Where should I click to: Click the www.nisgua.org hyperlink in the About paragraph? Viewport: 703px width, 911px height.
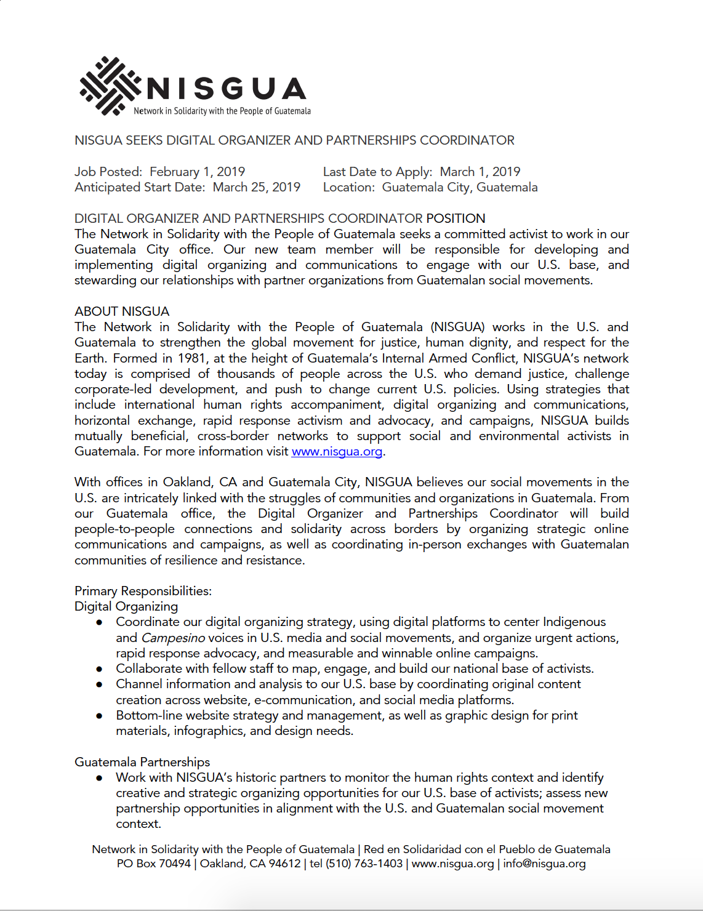pos(337,452)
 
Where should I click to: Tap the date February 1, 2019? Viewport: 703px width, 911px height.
pos(197,172)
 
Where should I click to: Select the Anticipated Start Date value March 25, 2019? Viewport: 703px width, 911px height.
pos(256,187)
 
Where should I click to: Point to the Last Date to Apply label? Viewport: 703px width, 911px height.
pos(377,172)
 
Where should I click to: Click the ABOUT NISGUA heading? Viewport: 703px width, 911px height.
pos(122,311)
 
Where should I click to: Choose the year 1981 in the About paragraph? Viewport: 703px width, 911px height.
pos(192,358)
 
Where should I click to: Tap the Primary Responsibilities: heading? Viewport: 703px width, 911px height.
pos(143,591)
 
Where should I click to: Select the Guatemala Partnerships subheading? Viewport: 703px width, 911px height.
pos(142,762)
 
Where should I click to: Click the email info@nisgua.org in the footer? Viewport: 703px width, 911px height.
pos(544,864)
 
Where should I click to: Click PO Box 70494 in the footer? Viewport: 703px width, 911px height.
pos(154,864)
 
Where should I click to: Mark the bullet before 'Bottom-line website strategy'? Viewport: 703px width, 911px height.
pos(99,716)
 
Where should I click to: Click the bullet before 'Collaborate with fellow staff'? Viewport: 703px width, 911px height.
pos(99,669)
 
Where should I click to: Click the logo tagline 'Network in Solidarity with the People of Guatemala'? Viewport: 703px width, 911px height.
pos(222,111)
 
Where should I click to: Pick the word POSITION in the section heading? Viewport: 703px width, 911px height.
pos(456,219)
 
